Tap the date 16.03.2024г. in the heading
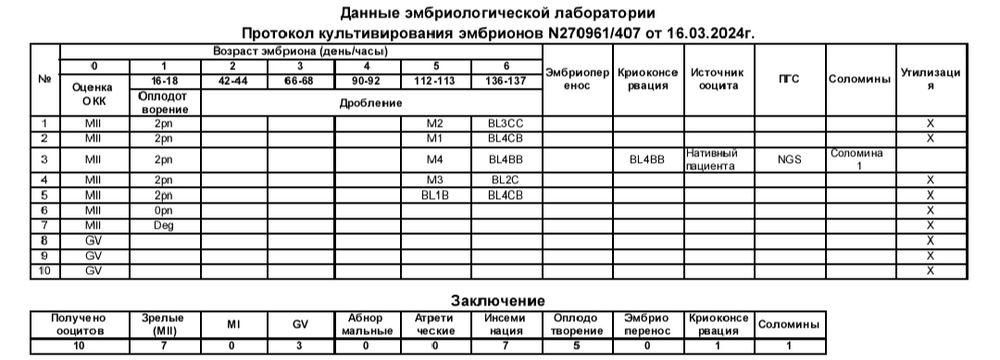point(711,33)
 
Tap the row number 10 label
point(44,271)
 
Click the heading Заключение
point(498,300)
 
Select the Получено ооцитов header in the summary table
point(78,323)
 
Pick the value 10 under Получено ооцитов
point(78,345)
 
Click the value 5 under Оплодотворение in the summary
point(577,345)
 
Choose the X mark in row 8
point(931,240)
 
